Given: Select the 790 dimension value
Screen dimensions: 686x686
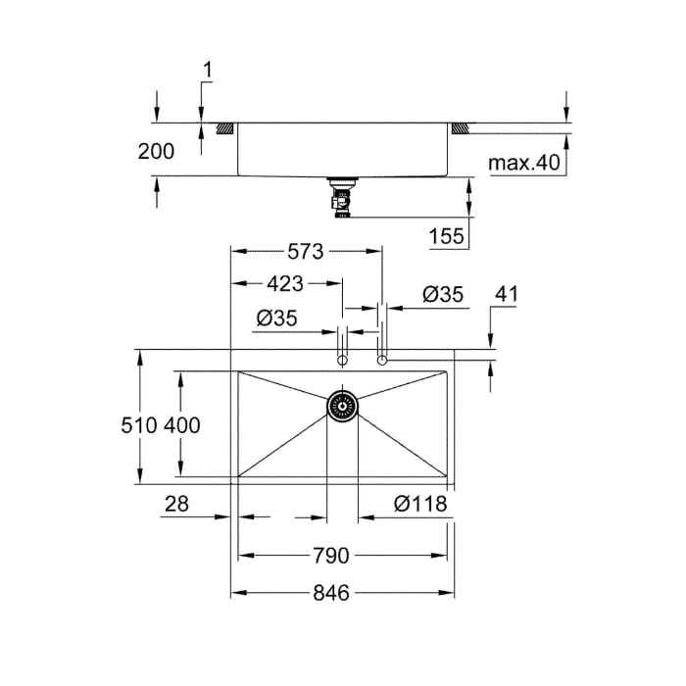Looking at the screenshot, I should click(x=331, y=556).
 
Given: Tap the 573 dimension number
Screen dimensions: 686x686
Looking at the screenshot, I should click(x=306, y=252).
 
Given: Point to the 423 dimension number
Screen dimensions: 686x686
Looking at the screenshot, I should click(x=285, y=284).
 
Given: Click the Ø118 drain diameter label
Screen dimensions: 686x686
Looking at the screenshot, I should click(x=420, y=504).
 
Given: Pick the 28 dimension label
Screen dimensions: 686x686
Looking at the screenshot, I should click(x=177, y=504).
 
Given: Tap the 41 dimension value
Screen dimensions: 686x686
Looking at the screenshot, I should click(x=507, y=294).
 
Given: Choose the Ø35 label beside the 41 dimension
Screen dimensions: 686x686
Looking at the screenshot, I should click(x=442, y=294).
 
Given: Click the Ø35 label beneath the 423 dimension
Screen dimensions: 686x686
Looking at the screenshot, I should click(x=276, y=318).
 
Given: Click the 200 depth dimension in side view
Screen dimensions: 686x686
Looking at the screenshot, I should click(x=156, y=151).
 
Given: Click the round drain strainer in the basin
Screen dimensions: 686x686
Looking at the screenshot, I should click(x=342, y=405).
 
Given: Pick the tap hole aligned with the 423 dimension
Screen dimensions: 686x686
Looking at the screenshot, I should click(x=342, y=362).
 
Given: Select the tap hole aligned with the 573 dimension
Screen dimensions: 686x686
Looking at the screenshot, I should click(x=382, y=362).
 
